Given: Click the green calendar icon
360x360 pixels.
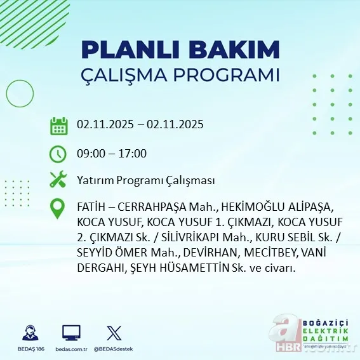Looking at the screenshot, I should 58,125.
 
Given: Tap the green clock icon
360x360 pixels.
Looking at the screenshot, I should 58,154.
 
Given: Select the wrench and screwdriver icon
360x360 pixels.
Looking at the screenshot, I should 58,180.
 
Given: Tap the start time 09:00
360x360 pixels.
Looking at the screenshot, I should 90,154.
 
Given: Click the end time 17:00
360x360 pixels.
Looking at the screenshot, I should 133,154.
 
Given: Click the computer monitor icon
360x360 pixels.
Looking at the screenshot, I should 71,333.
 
